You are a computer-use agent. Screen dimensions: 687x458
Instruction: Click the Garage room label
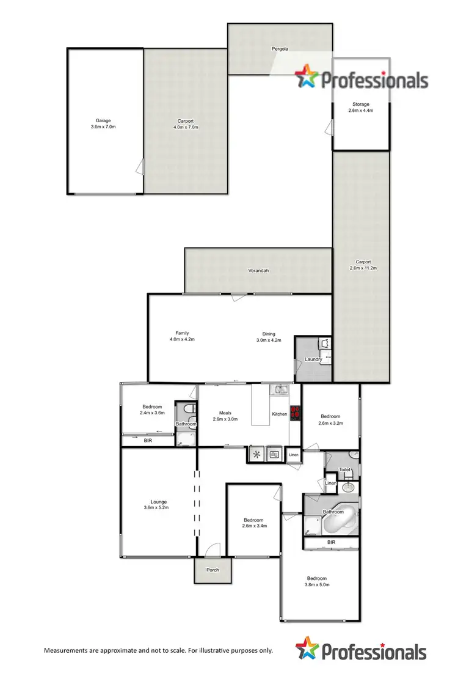click(x=103, y=121)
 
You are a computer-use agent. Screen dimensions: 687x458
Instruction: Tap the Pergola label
click(x=280, y=48)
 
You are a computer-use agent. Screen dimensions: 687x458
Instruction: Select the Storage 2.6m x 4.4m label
click(x=360, y=108)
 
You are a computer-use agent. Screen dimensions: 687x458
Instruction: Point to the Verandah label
click(x=258, y=270)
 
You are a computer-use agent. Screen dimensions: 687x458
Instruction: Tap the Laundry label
click(x=314, y=359)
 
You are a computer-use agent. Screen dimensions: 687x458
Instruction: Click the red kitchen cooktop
click(x=295, y=414)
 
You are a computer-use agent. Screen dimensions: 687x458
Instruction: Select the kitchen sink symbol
click(x=280, y=389)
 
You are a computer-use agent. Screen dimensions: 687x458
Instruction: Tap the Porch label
click(x=213, y=570)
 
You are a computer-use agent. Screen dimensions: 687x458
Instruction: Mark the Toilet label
click(x=345, y=471)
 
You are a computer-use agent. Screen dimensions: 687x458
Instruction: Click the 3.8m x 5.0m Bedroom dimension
click(x=317, y=585)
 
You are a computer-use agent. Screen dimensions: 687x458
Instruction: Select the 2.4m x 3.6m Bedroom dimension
click(x=152, y=413)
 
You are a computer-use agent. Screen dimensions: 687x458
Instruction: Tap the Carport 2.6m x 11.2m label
click(x=360, y=263)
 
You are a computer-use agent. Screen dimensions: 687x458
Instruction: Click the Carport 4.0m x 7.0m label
click(x=186, y=124)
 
